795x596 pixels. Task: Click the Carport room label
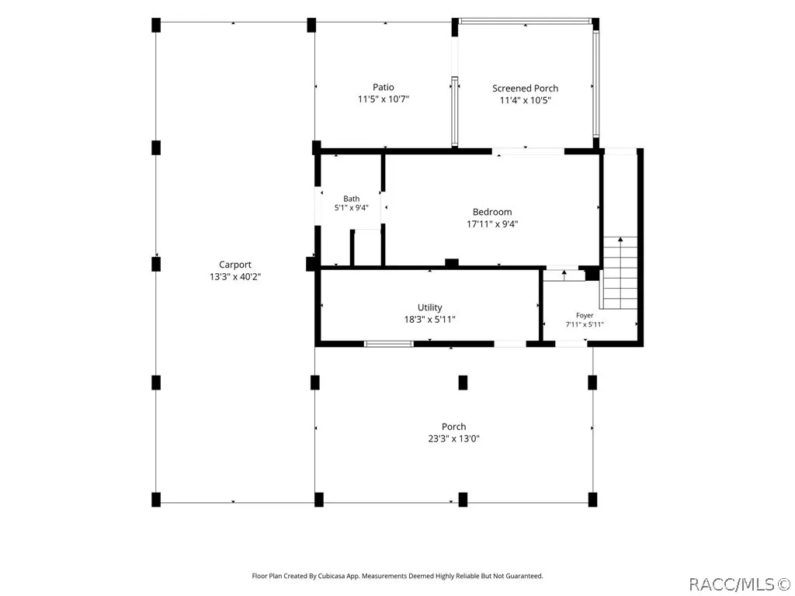pos(234,265)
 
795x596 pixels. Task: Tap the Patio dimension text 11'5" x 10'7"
pos(384,99)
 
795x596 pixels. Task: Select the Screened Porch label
pos(526,88)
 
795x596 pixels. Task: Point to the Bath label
pos(352,199)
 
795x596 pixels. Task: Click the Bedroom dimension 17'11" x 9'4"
pos(492,224)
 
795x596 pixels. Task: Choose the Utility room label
pos(430,307)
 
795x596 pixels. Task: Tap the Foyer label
pos(585,315)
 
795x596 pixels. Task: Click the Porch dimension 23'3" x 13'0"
pos(453,439)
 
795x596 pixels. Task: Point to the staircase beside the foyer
pos(619,272)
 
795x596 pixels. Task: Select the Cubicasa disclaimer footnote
pos(397,576)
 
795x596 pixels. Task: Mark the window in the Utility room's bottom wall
pos(389,344)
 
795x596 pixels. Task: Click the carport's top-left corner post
pos(156,25)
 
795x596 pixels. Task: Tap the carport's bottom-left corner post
pos(156,499)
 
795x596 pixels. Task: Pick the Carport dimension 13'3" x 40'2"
pos(235,277)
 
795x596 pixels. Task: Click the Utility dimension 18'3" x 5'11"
pos(430,320)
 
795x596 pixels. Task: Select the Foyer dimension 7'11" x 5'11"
pos(585,324)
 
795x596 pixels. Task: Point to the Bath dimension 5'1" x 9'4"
pos(352,208)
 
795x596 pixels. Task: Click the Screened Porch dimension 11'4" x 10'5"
pos(526,100)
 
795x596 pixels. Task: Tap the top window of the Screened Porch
pos(526,21)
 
